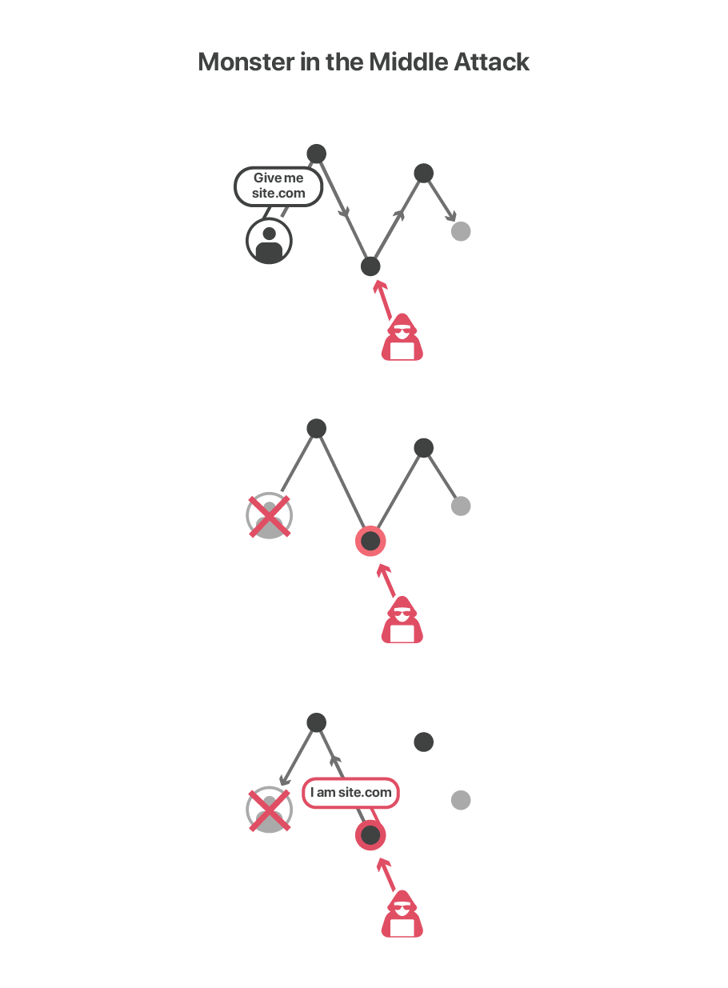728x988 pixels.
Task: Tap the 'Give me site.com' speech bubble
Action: pyautogui.click(x=278, y=186)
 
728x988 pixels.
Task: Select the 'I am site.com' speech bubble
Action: pyautogui.click(x=350, y=793)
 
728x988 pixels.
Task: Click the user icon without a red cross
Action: pyautogui.click(x=269, y=241)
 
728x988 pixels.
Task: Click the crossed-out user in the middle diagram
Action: pyautogui.click(x=269, y=516)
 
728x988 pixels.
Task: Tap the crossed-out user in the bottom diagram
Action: pyautogui.click(x=269, y=810)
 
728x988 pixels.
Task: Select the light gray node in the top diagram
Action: pyautogui.click(x=460, y=231)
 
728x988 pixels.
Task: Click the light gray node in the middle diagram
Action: pyautogui.click(x=460, y=506)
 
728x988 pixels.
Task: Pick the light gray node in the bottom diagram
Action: pyautogui.click(x=460, y=800)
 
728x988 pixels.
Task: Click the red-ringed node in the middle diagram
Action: pyautogui.click(x=370, y=542)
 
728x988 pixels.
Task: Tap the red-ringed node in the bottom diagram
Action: pyautogui.click(x=370, y=836)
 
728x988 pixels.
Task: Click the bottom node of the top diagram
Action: pyautogui.click(x=370, y=266)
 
